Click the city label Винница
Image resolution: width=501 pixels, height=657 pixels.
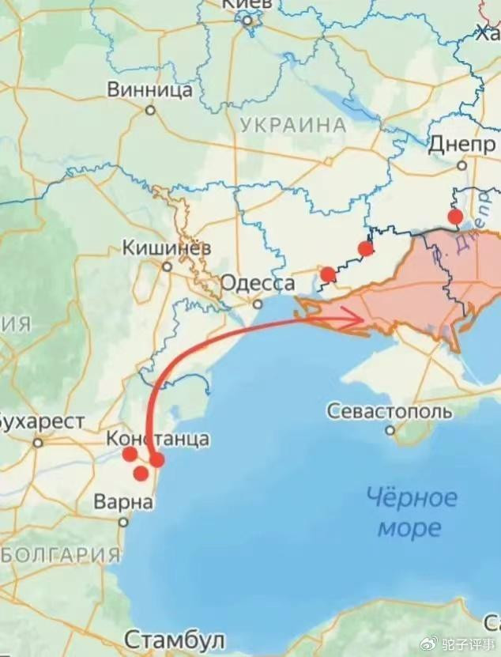150,89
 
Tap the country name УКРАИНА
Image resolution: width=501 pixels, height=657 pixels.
292,125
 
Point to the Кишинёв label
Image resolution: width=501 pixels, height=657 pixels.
167,248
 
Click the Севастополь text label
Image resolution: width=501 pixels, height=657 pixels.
390,411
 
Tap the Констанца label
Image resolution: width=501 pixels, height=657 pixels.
158,438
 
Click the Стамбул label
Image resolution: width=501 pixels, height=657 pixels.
175,639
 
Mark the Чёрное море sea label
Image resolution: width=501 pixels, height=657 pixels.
411,512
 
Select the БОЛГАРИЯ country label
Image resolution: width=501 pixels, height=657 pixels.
60,554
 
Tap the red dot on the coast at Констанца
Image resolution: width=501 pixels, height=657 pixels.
156,459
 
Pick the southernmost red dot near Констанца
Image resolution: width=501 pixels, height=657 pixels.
141,474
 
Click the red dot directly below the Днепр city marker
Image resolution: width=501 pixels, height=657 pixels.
455,216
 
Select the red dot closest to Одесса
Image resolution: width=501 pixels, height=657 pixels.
328,274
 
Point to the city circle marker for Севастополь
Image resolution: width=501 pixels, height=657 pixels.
390,430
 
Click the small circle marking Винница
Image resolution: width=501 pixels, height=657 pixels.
150,110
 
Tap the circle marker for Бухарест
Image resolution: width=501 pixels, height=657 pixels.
38,443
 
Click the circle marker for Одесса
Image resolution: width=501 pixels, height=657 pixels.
258,304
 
